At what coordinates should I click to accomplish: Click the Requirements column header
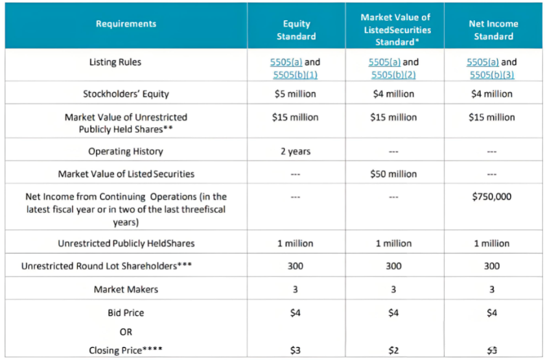click(126, 24)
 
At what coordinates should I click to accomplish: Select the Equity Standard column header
click(296, 30)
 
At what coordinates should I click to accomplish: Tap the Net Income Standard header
click(493, 30)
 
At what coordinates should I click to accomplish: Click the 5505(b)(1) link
click(296, 75)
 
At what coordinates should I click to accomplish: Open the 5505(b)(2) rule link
click(393, 75)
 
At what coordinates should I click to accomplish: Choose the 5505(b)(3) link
click(492, 75)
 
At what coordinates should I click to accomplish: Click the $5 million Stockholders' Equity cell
click(296, 93)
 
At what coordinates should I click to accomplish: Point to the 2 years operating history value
click(296, 151)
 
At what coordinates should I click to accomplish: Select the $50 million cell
click(393, 174)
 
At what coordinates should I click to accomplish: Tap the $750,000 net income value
click(492, 196)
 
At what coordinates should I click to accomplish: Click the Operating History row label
click(126, 151)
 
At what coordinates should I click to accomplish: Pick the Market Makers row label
click(126, 289)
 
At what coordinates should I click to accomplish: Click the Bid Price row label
click(126, 313)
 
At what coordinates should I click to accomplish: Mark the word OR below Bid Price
click(126, 331)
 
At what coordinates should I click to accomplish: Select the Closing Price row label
click(126, 350)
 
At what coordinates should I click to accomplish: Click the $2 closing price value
click(393, 350)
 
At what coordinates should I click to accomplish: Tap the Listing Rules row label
click(115, 62)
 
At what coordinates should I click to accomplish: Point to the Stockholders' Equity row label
click(126, 93)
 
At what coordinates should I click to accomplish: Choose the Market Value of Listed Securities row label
click(126, 174)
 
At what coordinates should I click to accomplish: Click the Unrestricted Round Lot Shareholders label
click(108, 266)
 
